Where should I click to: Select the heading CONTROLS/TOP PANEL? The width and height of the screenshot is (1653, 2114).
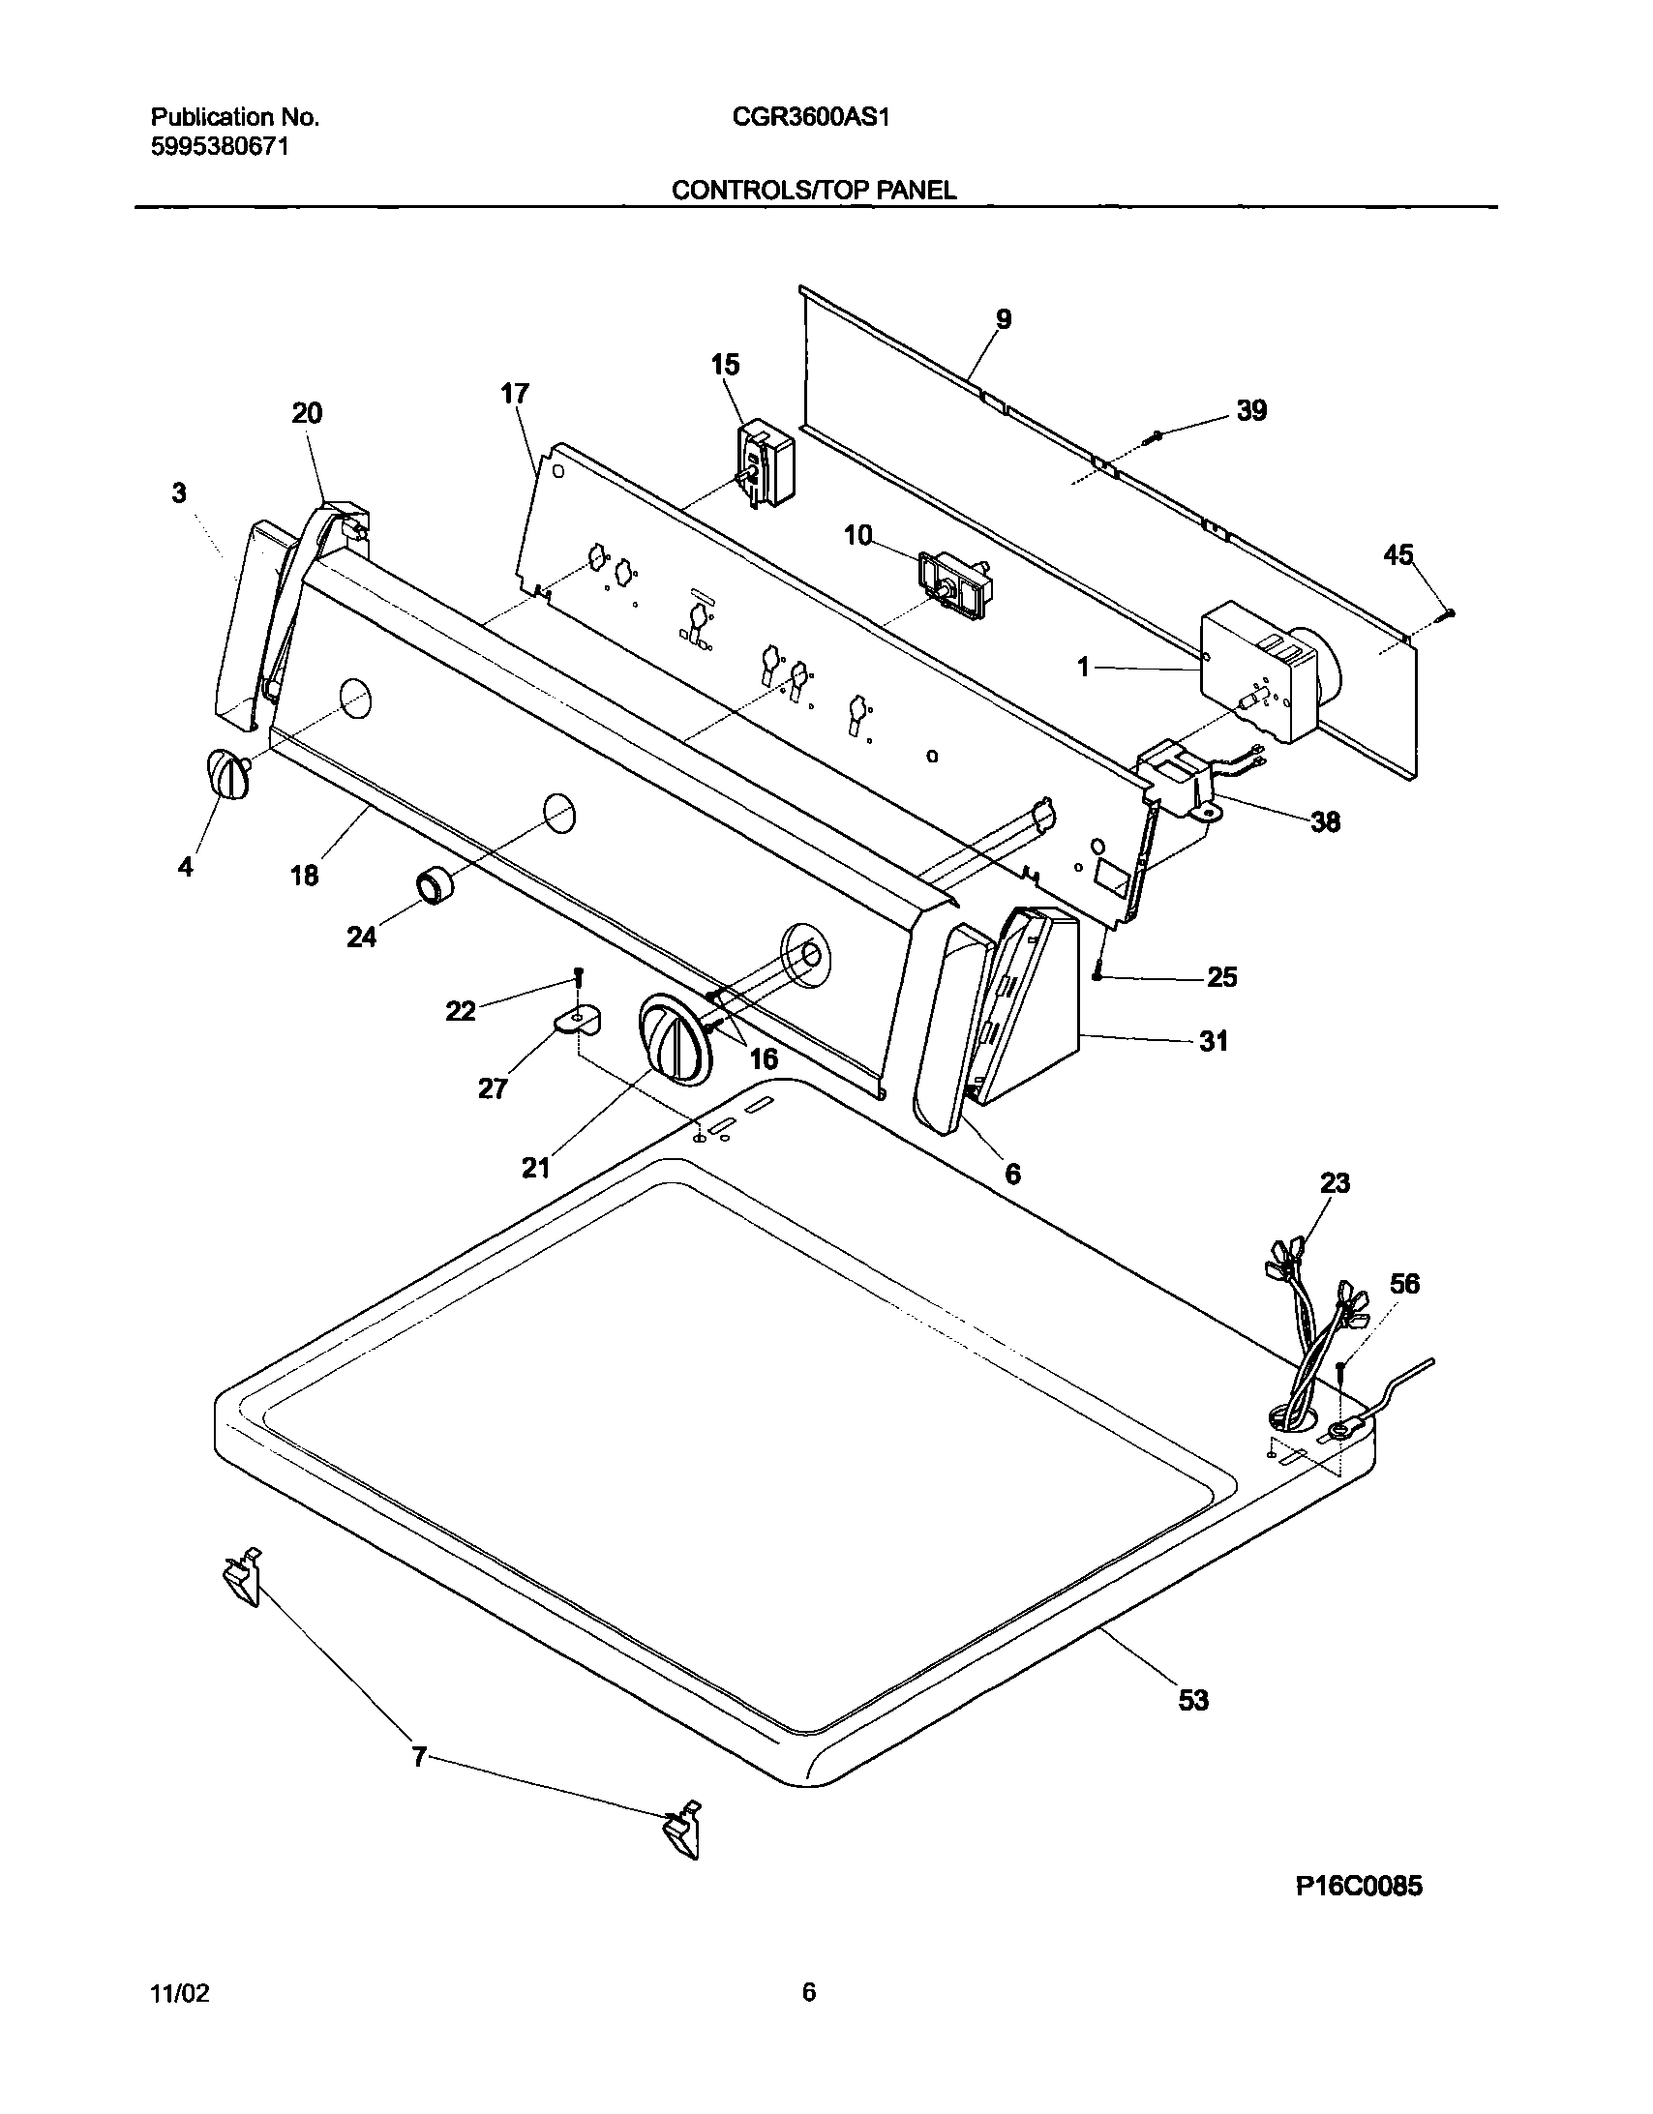pyautogui.click(x=813, y=191)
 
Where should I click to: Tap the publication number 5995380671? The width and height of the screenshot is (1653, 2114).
pyautogui.click(x=220, y=147)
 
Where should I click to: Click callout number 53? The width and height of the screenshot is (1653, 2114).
pyautogui.click(x=1193, y=1700)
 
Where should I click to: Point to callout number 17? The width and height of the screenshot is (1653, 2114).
pyautogui.click(x=514, y=394)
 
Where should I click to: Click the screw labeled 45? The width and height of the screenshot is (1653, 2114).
pyautogui.click(x=1448, y=611)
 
